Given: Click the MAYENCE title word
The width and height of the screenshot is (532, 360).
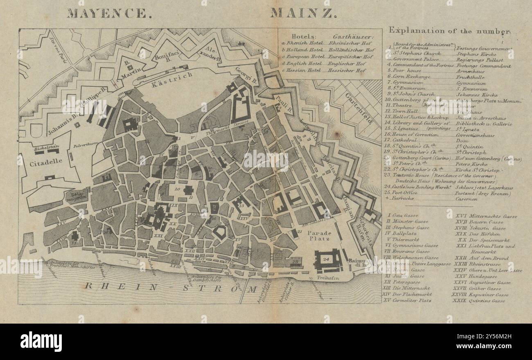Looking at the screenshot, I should (108, 13).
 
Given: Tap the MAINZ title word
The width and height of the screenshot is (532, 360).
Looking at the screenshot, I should (303, 13).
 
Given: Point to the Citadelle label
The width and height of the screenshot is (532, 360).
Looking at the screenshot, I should (46, 161).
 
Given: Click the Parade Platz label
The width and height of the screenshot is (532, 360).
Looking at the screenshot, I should (319, 235).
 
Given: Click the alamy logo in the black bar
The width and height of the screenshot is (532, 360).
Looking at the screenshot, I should (41, 342).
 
